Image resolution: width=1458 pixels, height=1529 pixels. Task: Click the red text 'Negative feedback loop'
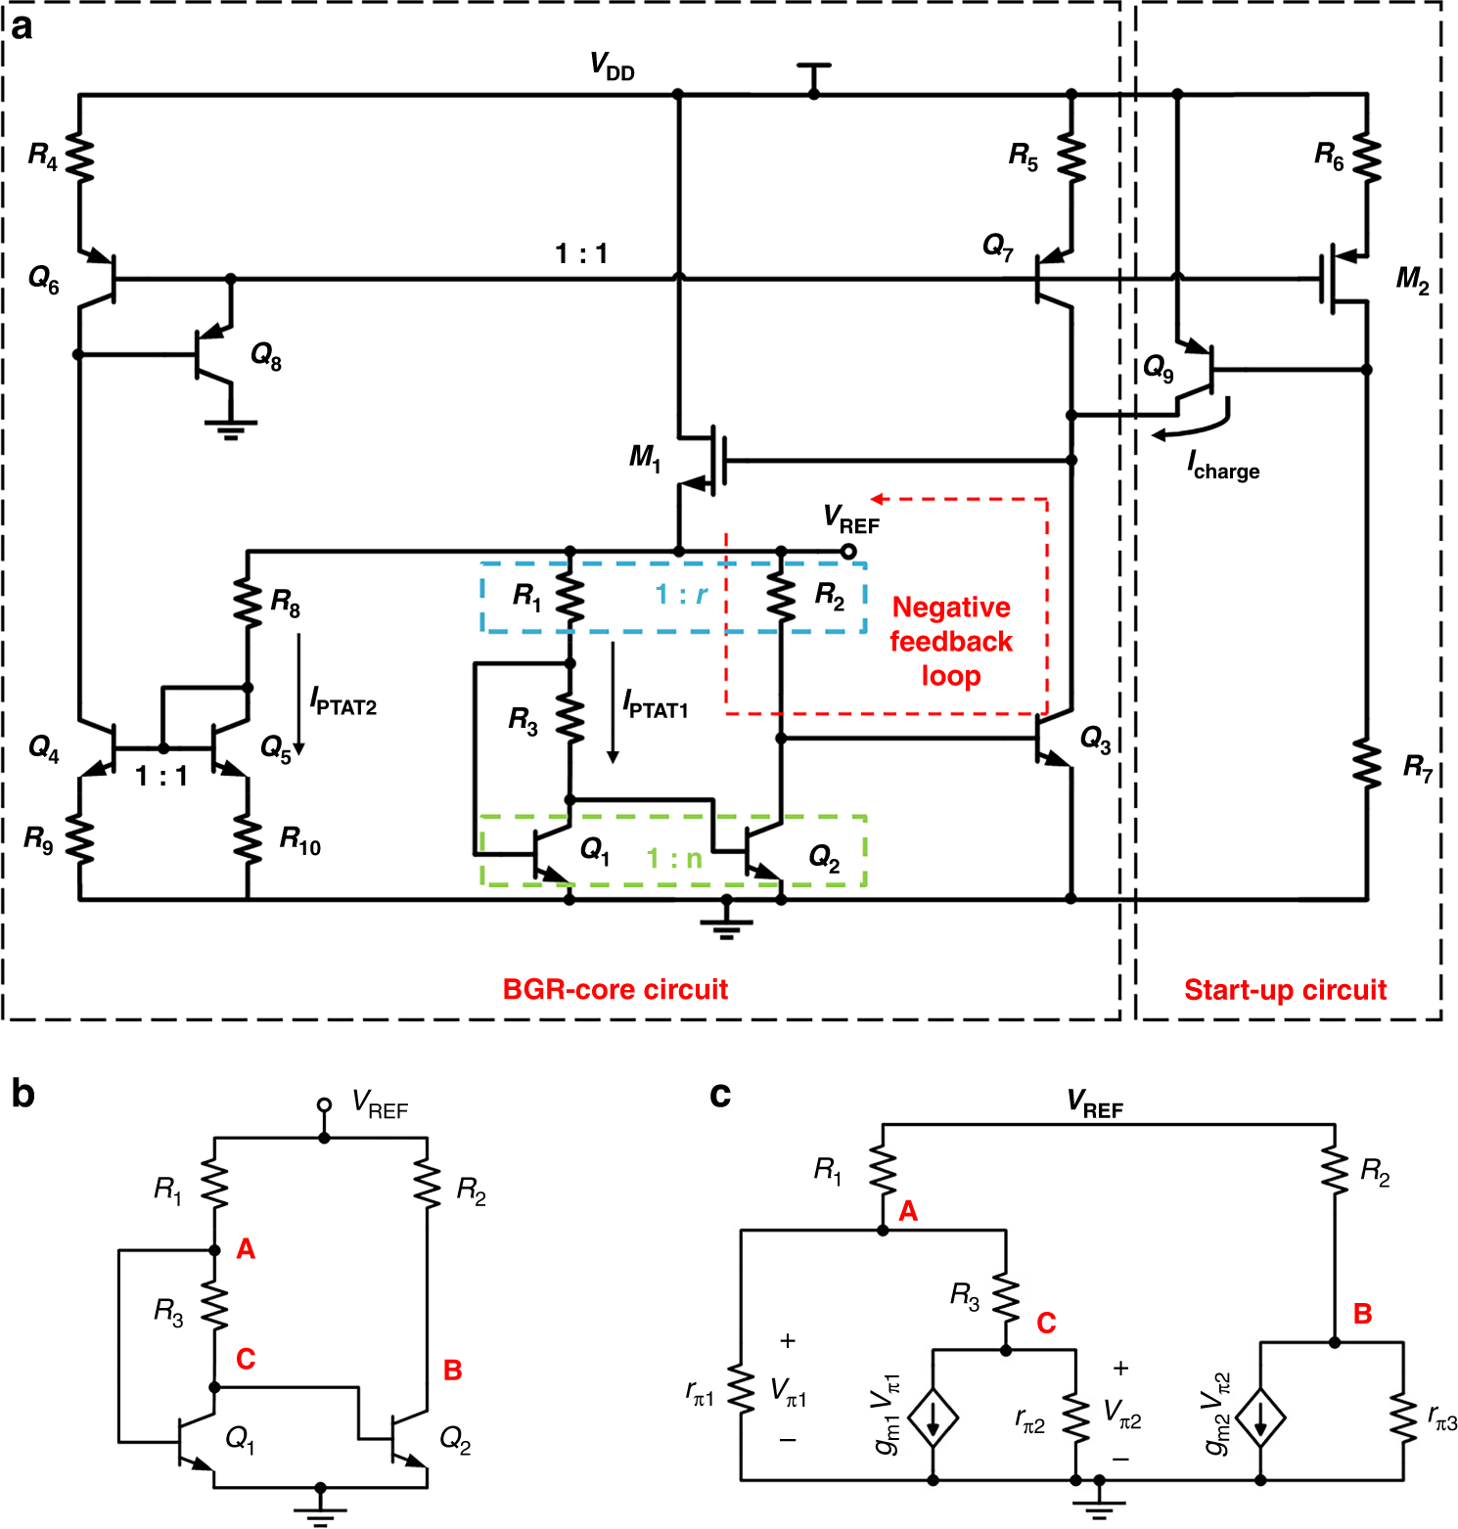point(950,642)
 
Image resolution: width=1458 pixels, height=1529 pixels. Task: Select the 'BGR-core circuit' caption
point(615,989)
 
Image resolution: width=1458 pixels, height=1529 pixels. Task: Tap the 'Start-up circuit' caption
point(1285,990)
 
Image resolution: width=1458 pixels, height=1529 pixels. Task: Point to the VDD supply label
point(612,67)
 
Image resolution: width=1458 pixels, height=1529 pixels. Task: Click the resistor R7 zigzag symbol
point(1367,764)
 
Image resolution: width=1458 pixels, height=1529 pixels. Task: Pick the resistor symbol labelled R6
point(1367,157)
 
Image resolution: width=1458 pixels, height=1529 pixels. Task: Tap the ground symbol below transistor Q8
point(230,427)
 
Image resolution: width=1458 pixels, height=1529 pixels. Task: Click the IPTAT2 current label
point(342,701)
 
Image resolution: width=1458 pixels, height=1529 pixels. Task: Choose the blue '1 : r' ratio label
point(681,594)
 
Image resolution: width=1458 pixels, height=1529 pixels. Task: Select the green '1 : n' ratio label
point(674,858)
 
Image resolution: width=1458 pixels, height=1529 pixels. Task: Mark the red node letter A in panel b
point(246,1249)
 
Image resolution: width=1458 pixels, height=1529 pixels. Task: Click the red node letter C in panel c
point(1046,1323)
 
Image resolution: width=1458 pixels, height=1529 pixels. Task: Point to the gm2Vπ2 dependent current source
point(1260,1417)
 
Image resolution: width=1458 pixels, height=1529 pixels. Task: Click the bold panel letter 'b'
point(23,1094)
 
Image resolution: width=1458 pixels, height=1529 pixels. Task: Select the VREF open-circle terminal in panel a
point(848,552)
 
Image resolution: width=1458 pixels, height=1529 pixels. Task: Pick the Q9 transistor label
point(1159,369)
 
